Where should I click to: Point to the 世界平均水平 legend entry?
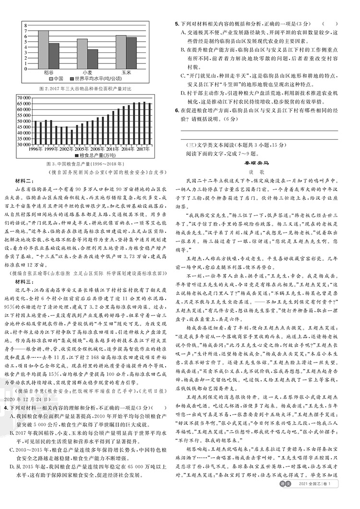click(x=96, y=78)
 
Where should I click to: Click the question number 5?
click(x=177, y=23)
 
